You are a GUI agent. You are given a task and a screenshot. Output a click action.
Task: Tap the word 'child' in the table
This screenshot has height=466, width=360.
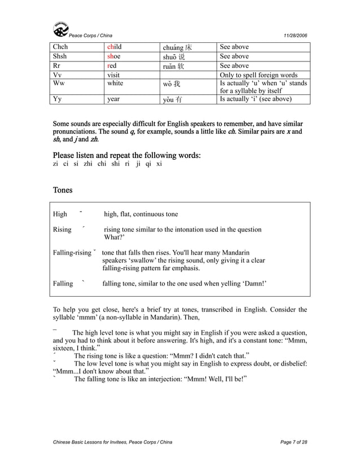115,47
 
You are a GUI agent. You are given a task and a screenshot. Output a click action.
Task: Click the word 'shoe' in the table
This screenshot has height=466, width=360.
115,56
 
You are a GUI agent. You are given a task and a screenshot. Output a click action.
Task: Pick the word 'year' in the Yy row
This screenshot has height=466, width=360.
114,99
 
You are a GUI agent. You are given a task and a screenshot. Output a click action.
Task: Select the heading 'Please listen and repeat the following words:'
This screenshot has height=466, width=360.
127,155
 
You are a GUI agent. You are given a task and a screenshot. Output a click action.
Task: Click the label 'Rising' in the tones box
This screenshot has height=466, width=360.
62,230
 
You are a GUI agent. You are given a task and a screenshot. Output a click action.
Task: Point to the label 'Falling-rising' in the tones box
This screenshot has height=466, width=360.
72,252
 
